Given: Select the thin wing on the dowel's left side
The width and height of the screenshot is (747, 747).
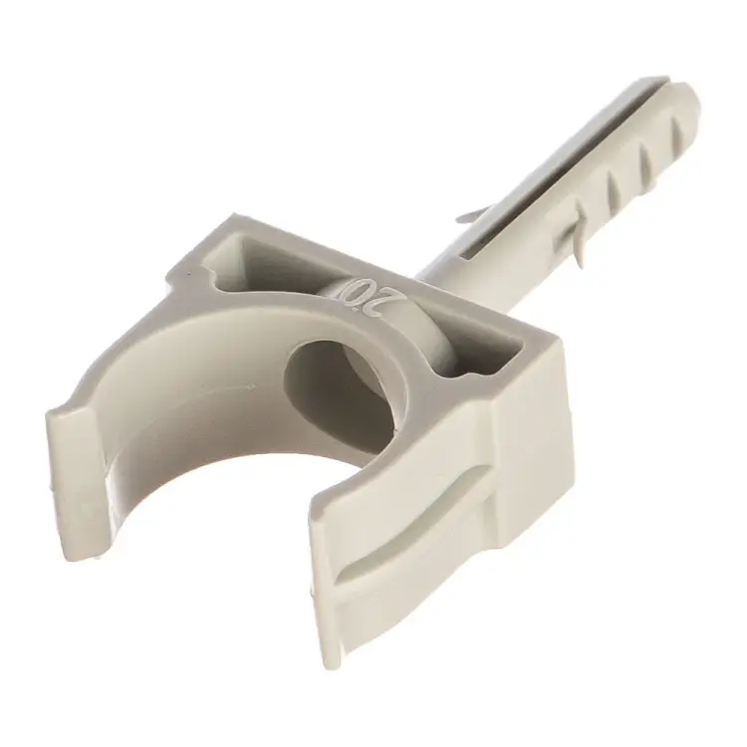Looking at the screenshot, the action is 475,214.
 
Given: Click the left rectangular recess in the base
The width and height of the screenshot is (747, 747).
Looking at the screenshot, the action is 248,262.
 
